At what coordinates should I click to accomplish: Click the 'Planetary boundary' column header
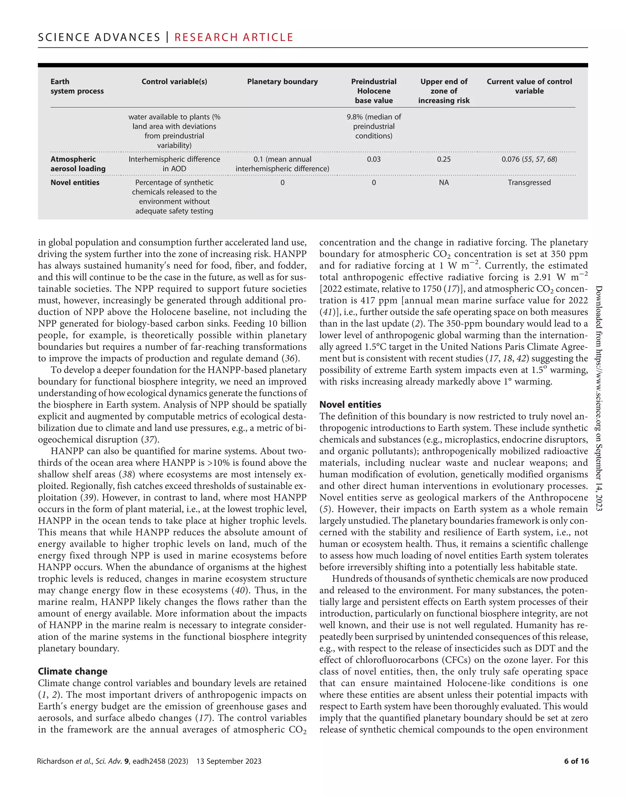(282, 81)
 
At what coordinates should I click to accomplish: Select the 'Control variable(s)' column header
(174, 81)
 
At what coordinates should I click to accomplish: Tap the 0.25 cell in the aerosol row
(444, 159)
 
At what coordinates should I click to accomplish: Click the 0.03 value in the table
(374, 159)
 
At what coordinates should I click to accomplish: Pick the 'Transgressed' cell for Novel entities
(529, 182)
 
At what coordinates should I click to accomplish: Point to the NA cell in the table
(444, 182)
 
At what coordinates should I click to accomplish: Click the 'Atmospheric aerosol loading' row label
(78, 164)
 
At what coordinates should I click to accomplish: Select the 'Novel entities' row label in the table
(75, 182)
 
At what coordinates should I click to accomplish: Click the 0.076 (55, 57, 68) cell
(529, 159)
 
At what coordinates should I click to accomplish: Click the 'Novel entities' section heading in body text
(350, 404)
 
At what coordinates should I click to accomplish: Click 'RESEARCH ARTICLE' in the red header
(234, 37)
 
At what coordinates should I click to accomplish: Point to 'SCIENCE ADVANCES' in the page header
(99, 37)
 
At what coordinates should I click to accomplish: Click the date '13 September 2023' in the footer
(229, 761)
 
